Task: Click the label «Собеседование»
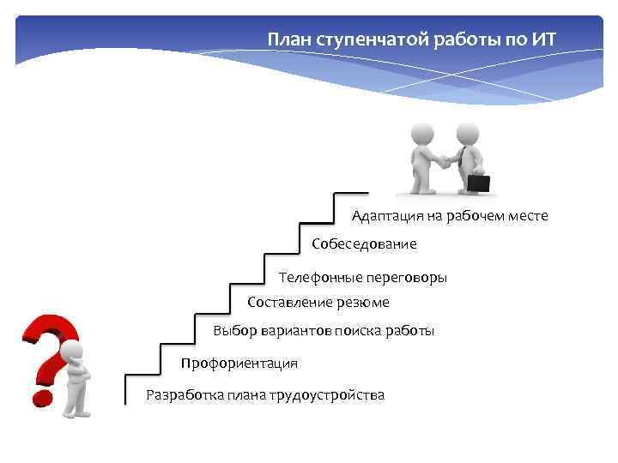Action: point(364,244)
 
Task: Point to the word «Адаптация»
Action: point(384,216)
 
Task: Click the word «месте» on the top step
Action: point(527,216)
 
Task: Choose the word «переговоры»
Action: point(407,278)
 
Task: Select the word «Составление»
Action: point(287,302)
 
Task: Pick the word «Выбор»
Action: point(233,331)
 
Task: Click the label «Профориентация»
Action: point(239,364)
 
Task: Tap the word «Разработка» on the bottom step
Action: point(184,395)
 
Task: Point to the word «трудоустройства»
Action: point(327,395)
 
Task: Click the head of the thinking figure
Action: point(72,352)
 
